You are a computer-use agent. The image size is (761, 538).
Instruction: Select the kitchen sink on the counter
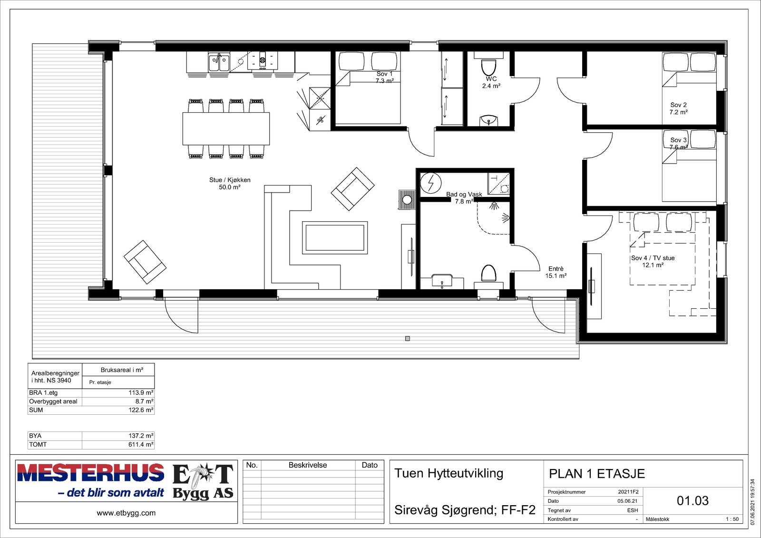click(x=219, y=62)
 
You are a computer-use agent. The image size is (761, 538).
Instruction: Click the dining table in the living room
click(x=226, y=129)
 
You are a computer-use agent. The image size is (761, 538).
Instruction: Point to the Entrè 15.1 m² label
click(x=556, y=272)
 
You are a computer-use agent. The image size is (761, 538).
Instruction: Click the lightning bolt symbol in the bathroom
click(x=431, y=183)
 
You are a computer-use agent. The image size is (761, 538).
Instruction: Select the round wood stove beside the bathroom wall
click(x=407, y=199)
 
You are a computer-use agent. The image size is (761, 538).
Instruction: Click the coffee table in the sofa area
click(x=335, y=237)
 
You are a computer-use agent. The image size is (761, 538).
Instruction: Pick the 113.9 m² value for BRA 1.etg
click(x=141, y=392)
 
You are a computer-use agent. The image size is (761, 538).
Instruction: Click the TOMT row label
click(x=38, y=444)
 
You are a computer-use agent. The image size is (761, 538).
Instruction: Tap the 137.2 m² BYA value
click(x=141, y=435)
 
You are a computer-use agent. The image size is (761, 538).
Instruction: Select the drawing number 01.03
click(x=693, y=500)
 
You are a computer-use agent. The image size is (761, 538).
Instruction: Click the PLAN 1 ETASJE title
click(x=597, y=474)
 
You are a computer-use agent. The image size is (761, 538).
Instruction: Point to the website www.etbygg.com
click(x=126, y=513)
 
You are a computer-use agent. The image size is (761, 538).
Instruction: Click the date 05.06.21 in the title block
click(x=628, y=501)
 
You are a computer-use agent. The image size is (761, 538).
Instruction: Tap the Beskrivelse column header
click(x=308, y=465)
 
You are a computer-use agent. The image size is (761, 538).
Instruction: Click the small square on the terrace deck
click(x=408, y=339)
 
